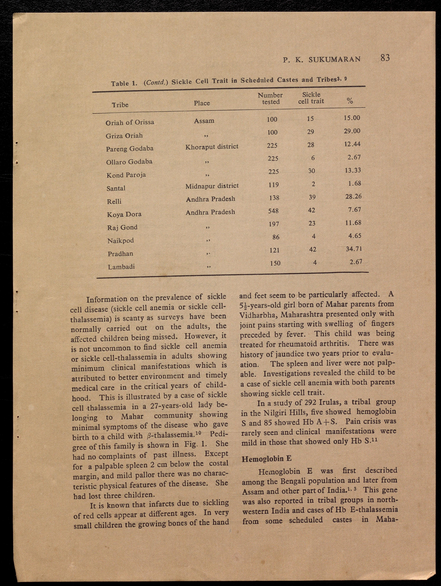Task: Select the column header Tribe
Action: [x=120, y=105]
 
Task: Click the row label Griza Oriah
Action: [x=124, y=136]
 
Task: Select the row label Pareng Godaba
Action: [x=130, y=149]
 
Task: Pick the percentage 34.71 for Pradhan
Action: [x=354, y=249]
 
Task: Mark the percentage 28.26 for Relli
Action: [x=353, y=197]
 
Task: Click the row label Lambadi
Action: [x=121, y=267]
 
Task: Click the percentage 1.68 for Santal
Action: [x=354, y=183]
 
